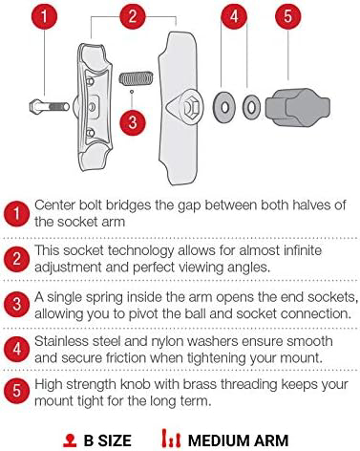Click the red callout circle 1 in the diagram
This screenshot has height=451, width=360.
pos(44,16)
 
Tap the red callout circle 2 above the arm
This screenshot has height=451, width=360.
pos(133,16)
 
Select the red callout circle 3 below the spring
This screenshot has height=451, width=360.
pos(133,122)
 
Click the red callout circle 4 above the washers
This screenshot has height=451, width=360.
pos(234,16)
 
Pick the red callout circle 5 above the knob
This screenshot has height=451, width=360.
pos(287,16)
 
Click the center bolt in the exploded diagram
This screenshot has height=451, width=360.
pos(50,106)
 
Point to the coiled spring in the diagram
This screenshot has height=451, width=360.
pos(137,78)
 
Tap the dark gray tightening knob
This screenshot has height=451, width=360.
pos(298,107)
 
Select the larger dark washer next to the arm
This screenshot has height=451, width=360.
pos(224,107)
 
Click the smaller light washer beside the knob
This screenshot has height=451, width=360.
pos(251,107)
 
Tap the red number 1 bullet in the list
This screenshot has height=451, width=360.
pos(16,213)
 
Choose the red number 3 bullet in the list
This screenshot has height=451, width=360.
pos(16,304)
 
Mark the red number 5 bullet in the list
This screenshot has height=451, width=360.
pos(16,391)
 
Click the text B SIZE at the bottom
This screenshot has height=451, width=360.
pos(108,440)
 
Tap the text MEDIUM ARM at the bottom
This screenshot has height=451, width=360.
pos(238,440)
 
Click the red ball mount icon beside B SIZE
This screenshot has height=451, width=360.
pos(70,440)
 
